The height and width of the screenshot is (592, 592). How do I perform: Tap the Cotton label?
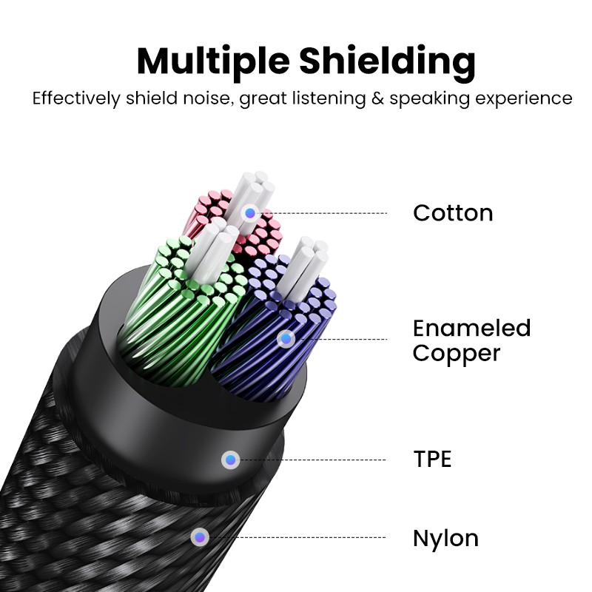pos(453,213)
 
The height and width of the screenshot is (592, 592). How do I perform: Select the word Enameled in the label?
pos(471,328)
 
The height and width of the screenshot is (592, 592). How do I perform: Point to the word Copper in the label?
pos(457,353)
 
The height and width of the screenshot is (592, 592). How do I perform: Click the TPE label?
pos(432,460)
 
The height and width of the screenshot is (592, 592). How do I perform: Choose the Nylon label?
pos(445,538)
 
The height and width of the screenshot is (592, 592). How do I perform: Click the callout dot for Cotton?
pos(250,212)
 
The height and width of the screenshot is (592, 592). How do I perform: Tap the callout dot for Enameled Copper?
pos(286,339)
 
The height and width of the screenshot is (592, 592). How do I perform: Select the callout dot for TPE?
pos(231,460)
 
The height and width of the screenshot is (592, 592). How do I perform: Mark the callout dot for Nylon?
pos(199,537)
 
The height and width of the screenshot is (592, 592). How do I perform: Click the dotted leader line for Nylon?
pos(296,537)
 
